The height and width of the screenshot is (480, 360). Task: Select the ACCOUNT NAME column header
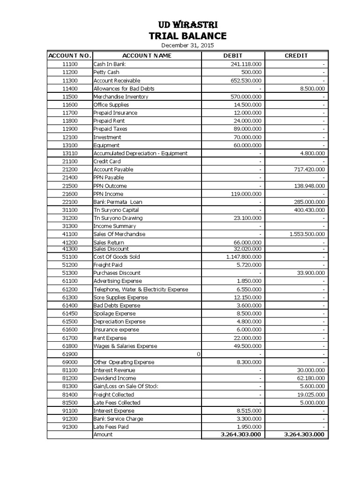[x=147, y=55]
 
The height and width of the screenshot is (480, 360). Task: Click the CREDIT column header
[x=296, y=55]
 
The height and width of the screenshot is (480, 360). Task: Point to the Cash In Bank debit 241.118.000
[x=246, y=64]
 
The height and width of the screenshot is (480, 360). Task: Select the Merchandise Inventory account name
[x=120, y=97]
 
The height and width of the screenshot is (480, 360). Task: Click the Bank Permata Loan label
[x=118, y=202]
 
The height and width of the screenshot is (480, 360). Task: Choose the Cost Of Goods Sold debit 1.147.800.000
[x=244, y=257]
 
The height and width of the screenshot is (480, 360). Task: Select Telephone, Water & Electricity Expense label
[x=141, y=289]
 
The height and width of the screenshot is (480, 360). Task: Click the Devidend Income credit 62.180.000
[x=309, y=378]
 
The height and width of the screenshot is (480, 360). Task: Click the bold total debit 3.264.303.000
[x=241, y=435]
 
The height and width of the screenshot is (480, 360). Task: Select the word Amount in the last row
[x=103, y=435]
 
